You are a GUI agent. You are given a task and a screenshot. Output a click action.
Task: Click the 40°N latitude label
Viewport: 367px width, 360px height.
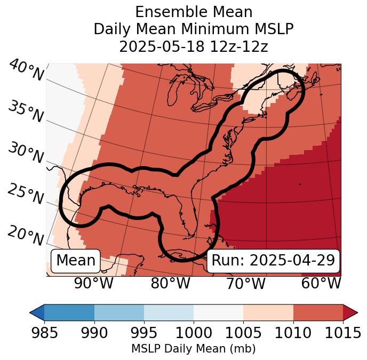click(x=26, y=71)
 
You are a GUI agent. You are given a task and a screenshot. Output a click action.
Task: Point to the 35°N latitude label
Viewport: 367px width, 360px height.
click(x=26, y=112)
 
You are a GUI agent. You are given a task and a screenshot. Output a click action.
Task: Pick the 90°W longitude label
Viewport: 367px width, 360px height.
click(x=94, y=284)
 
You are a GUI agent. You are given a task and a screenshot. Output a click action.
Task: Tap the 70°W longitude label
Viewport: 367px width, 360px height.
click(x=246, y=284)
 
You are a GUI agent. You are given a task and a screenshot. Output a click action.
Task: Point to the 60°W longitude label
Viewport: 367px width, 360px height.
click(x=321, y=284)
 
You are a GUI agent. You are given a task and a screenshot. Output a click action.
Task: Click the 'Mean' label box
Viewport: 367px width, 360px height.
click(x=76, y=261)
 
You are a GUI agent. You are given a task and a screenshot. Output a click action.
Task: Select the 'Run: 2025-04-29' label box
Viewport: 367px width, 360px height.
click(x=273, y=261)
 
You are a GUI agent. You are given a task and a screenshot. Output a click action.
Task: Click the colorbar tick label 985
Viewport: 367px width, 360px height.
click(x=44, y=333)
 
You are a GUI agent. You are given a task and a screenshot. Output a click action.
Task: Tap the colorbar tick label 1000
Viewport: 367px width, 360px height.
click(x=194, y=333)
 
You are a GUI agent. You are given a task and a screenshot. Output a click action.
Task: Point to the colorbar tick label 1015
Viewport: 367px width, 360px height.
click(x=343, y=333)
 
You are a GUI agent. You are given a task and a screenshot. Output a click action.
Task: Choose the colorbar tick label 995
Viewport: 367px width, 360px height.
click(x=144, y=333)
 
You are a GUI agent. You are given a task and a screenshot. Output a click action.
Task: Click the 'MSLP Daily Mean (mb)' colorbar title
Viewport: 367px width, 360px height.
click(x=193, y=349)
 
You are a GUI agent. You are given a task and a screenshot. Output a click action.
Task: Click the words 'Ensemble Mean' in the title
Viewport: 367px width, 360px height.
click(x=193, y=12)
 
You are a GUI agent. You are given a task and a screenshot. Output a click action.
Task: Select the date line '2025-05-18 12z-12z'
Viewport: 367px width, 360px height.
click(x=193, y=46)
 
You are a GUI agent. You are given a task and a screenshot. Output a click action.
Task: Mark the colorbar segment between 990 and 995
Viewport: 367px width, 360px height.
click(x=119, y=312)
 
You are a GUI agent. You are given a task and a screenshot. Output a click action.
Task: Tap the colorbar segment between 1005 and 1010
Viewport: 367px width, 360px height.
click(x=268, y=312)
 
